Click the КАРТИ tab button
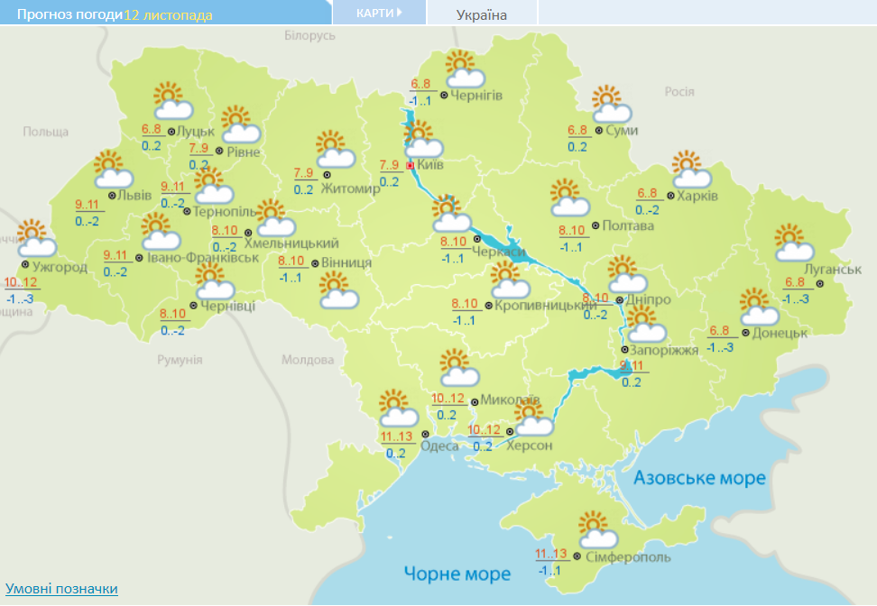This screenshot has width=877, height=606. pos(378,13)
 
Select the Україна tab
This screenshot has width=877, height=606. pos(482,14)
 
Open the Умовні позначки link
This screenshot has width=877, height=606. pos(61,589)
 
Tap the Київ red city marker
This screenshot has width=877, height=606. pos(411,166)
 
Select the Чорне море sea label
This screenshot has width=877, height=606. pos(457,574)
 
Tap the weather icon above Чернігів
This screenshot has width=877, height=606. pos(464,70)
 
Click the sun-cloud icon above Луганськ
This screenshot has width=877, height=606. pos(794,243)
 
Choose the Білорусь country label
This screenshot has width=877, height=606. pos(309,35)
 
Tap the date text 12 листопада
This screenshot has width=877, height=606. pos(169,15)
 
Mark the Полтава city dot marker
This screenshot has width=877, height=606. pos(595,225)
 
